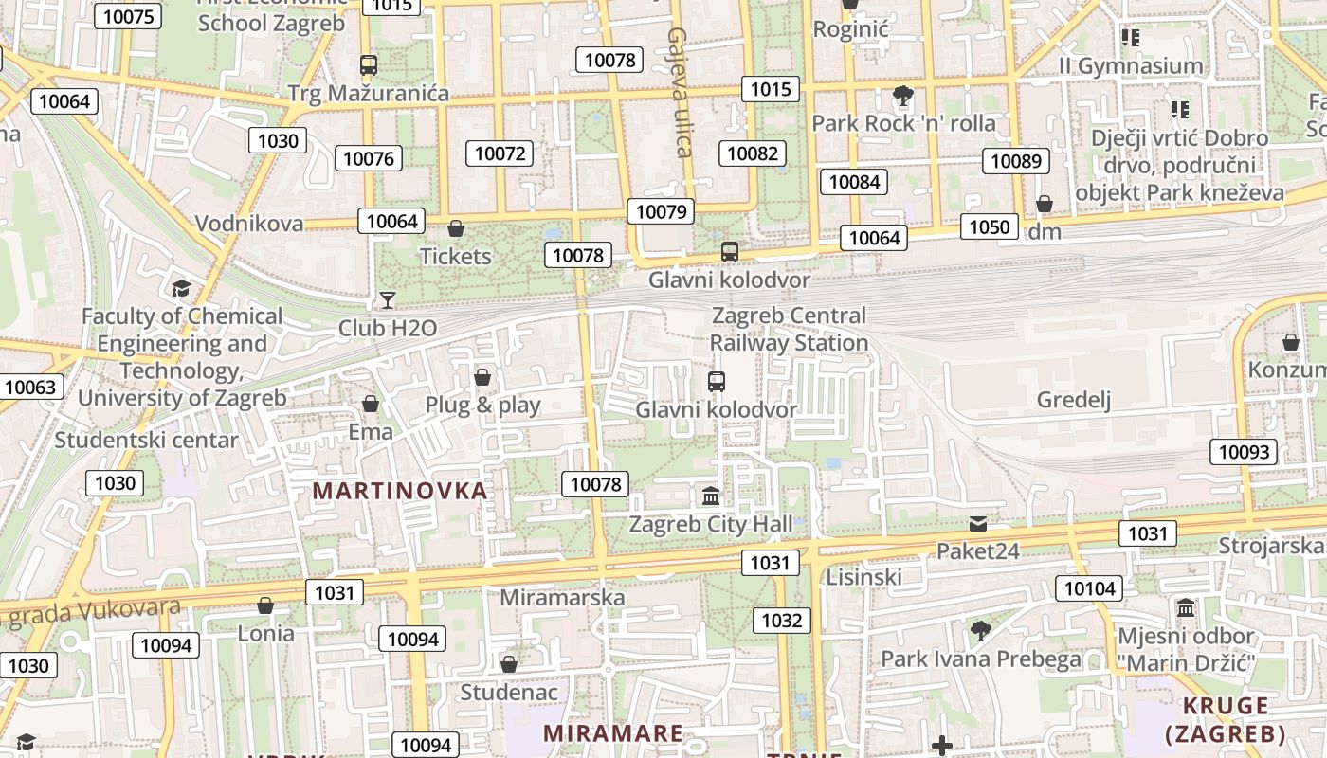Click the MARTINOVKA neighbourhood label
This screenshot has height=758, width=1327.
point(400,491)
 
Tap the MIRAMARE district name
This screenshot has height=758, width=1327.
point(612,733)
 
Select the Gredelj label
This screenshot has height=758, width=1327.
point(1073,400)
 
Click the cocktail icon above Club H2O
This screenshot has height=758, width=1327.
point(388,300)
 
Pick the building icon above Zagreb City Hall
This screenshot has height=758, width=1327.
point(711,496)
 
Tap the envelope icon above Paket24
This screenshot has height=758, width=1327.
point(978,523)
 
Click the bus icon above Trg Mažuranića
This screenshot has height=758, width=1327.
point(369,65)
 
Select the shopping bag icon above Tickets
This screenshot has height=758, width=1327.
point(456,228)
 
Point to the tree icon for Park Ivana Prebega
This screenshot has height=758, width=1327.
point(981,630)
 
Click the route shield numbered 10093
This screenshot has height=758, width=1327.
point(1244,452)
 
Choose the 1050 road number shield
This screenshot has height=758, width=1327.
point(990,226)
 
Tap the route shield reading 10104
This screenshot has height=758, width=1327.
point(1090,588)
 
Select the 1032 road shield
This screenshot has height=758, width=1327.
point(782,621)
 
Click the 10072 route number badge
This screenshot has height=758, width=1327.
point(500,153)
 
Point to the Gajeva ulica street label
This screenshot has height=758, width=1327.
point(679,91)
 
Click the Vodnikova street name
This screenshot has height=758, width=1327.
point(249,224)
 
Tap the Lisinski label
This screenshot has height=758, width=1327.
point(863,577)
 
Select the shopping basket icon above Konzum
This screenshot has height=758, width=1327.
point(1290,342)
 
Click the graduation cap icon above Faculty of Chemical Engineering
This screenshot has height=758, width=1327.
point(181,288)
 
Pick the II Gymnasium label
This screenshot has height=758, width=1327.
point(1131,66)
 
